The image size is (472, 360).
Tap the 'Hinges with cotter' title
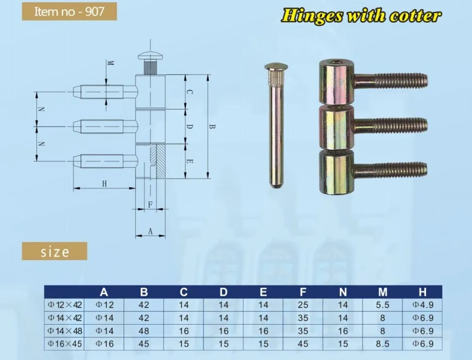pyautogui.click(x=361, y=15)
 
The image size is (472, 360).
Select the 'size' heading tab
pyautogui.click(x=55, y=251)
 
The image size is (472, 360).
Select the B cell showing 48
pyautogui.click(x=144, y=330)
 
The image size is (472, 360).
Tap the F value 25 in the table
pyautogui.click(x=303, y=304)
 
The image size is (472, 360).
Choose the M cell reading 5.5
pyautogui.click(x=383, y=304)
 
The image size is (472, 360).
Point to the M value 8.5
pyautogui.click(x=383, y=343)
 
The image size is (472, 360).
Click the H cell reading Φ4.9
pyautogui.click(x=423, y=304)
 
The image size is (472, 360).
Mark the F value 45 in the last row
pyautogui.click(x=303, y=343)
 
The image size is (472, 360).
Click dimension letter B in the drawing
pyautogui.click(x=212, y=127)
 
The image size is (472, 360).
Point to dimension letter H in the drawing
pyautogui.click(x=105, y=184)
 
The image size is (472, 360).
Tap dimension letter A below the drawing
pyautogui.click(x=150, y=231)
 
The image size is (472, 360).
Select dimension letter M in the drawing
pyautogui.click(x=111, y=64)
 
